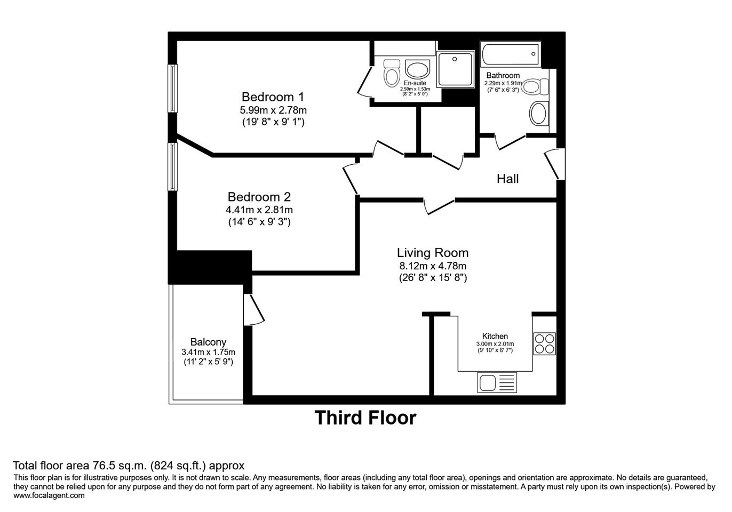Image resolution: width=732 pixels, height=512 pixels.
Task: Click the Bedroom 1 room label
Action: click(273, 97)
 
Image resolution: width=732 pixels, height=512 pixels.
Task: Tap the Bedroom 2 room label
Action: click(259, 197)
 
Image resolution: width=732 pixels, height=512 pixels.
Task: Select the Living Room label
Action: click(433, 253)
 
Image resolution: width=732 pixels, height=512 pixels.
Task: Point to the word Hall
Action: click(507, 179)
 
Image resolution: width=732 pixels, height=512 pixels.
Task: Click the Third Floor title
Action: click(365, 418)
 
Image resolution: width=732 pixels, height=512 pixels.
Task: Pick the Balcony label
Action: click(208, 342)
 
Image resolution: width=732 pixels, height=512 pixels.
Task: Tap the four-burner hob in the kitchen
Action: click(544, 343)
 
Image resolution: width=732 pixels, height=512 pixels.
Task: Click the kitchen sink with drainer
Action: click(497, 382)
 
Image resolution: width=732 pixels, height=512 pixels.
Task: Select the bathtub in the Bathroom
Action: click(511, 54)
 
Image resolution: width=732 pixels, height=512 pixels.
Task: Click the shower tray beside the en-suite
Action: click(455, 69)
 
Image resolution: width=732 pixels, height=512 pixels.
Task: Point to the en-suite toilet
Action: click(392, 73)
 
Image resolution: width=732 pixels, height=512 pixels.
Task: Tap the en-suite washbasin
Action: click(418, 69)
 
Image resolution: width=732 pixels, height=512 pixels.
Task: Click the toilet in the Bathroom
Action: click(535, 86)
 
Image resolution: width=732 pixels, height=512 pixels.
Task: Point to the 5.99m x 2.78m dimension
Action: click(273, 110)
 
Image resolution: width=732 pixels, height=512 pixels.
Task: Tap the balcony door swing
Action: click(254, 309)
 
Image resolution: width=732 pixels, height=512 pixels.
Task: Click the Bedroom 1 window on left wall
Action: click(172, 88)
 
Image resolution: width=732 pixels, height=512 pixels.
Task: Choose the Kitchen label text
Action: click(495, 336)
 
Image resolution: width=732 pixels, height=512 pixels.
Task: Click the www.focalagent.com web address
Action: click(49, 495)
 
